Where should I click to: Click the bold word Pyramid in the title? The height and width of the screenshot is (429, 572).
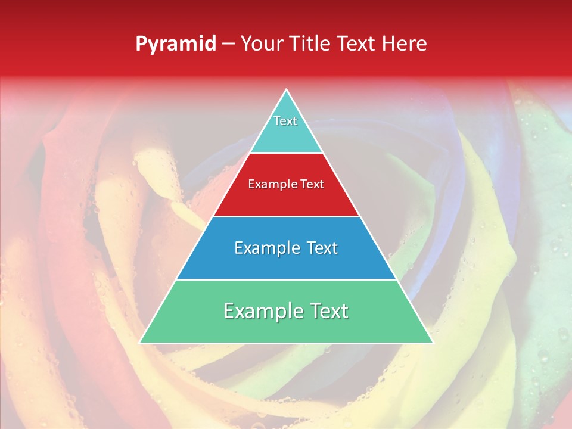pos(176,44)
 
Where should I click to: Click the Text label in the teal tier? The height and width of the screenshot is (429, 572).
pos(285,121)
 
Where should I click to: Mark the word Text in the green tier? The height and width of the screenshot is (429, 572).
pos(328,311)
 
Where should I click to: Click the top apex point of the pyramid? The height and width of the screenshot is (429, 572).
pos(287,90)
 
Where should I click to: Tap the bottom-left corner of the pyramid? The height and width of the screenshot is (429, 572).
pos(140,343)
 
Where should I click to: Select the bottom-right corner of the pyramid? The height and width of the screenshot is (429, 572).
pos(433,343)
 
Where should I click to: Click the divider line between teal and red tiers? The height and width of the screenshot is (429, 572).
pos(287,153)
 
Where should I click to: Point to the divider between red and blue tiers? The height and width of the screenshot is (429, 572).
pos(287,216)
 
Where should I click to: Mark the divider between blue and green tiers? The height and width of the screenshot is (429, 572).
pos(287,279)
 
